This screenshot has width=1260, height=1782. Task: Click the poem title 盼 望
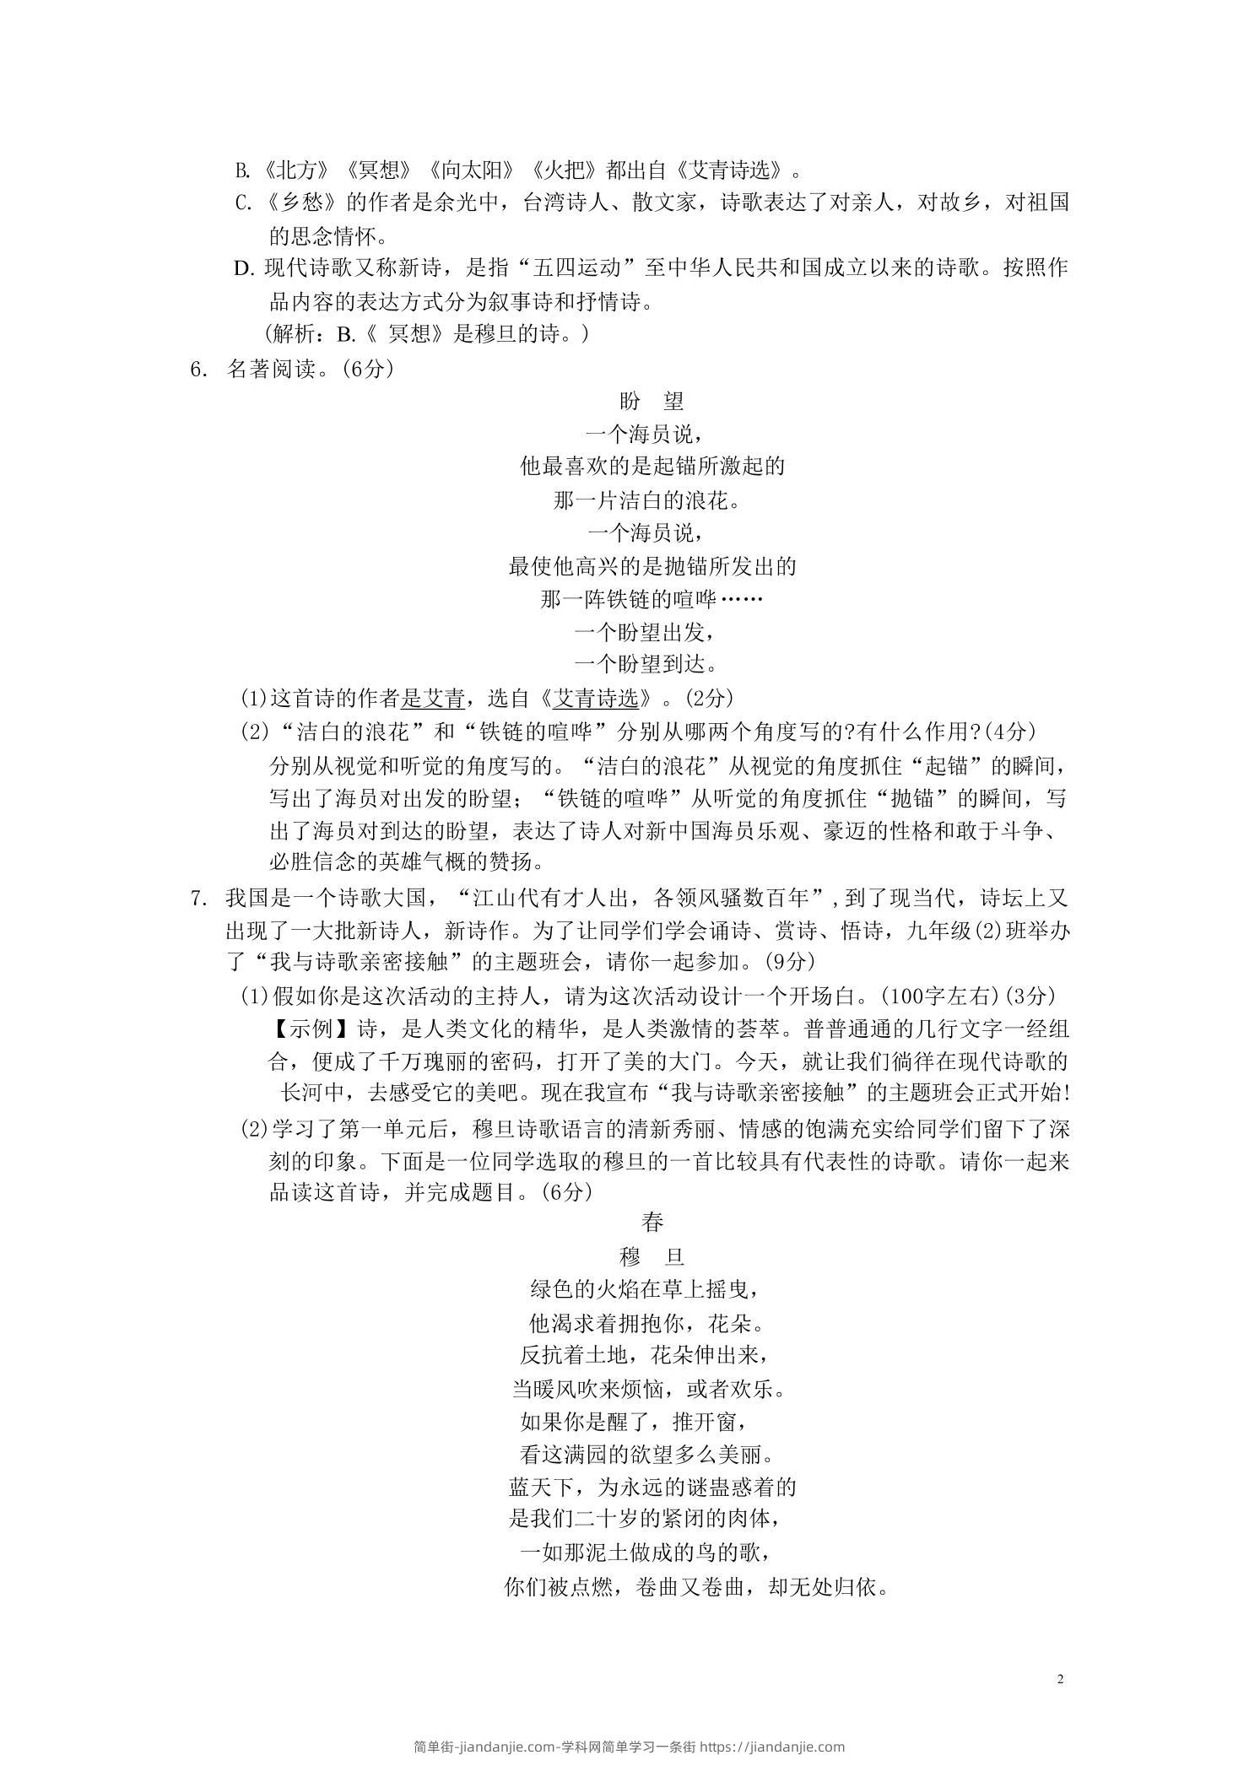tap(652, 401)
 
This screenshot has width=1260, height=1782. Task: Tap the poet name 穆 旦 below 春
tap(652, 1256)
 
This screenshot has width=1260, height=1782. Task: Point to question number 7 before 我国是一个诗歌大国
tap(198, 898)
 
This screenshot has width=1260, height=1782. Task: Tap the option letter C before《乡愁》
tap(242, 203)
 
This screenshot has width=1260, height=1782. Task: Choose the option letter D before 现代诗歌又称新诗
tap(243, 269)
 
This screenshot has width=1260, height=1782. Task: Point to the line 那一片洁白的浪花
tap(651, 500)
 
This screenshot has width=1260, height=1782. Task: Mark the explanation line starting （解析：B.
tap(428, 335)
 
